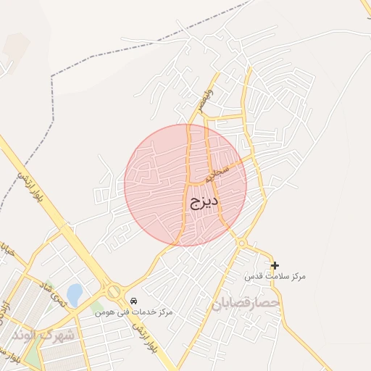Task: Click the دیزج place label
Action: coord(204,201)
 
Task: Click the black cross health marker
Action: coord(275,266)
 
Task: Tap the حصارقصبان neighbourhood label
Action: coord(246,303)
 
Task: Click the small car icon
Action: coord(133,301)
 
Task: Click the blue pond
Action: coord(75,294)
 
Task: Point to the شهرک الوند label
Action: coord(43,335)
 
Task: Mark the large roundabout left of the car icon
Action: coord(114,291)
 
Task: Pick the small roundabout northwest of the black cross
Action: coord(241,243)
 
